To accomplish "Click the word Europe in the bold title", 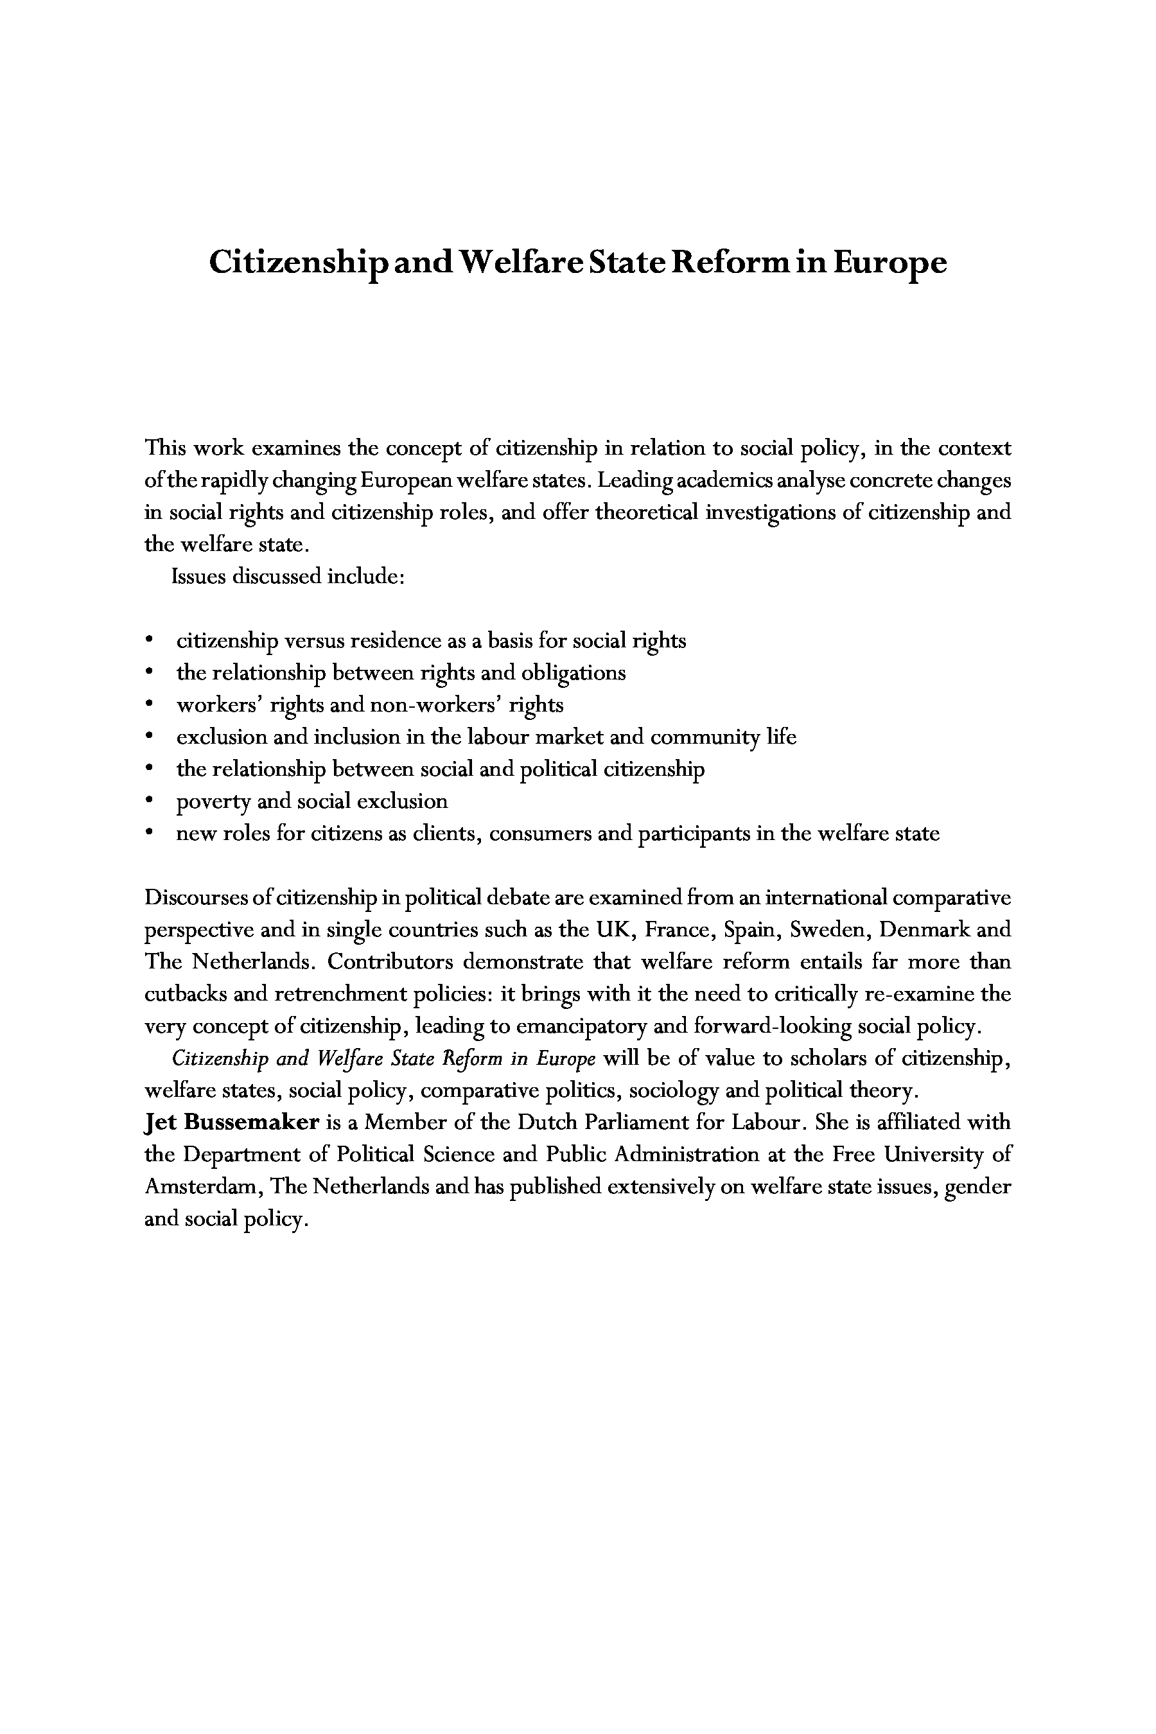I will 890,263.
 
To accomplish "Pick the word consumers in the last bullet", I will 542,834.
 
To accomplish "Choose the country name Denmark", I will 925,930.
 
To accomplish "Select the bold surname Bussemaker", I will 251,1123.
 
